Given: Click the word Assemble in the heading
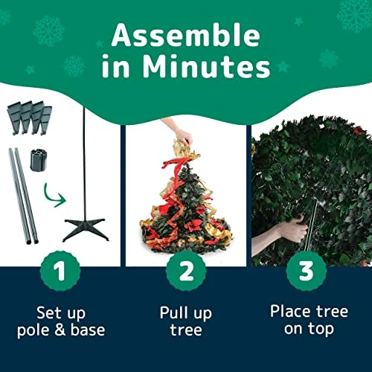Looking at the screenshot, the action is tap(186, 35).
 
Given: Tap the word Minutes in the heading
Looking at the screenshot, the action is tap(206, 67).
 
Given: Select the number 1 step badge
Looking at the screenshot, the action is tap(60, 271).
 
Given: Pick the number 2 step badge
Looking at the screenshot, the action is tap(186, 271).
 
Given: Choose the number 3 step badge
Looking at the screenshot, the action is tap(306, 271).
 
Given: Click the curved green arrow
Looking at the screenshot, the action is tap(50, 197).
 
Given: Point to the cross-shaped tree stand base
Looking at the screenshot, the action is tap(86, 229).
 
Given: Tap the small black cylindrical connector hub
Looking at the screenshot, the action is tap(39, 160).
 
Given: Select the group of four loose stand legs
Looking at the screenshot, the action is tap(30, 117).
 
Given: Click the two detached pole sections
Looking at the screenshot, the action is tap(24, 196).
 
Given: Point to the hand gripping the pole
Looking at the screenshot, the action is tap(292, 229).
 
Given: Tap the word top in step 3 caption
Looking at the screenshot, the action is tap(321, 330).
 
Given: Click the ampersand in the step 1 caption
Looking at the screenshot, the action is tap(60, 330).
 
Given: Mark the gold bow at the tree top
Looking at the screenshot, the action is tap(185, 150).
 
